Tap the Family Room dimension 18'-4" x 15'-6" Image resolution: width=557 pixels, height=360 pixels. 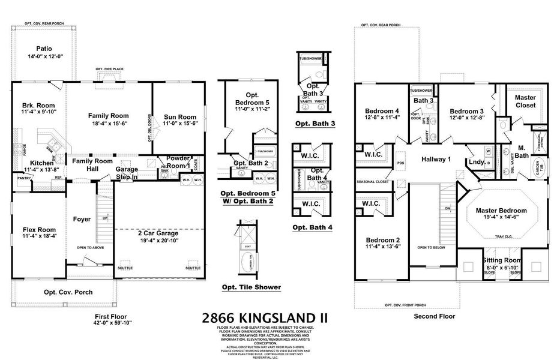[109, 123]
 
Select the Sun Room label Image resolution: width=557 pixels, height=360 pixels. [179, 117]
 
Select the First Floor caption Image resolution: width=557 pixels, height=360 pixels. [110, 316]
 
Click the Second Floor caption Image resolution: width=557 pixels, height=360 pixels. [434, 316]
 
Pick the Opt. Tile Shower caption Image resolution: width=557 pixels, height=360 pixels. [251, 287]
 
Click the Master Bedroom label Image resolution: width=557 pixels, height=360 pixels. [501, 211]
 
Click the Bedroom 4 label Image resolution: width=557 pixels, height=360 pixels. [382, 111]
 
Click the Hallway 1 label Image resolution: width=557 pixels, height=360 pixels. [436, 159]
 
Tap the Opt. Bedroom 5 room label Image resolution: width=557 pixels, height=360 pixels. [251, 99]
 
